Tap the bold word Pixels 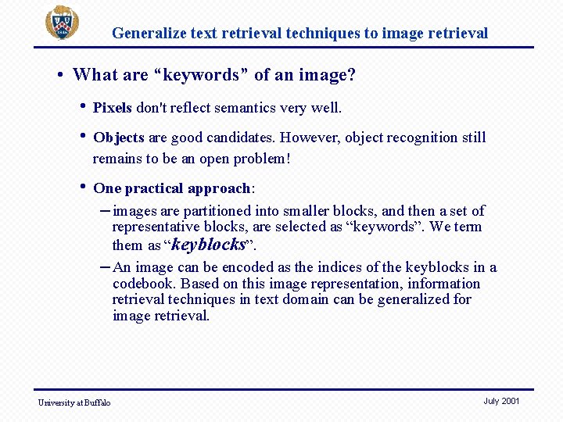[113, 108]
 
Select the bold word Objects [118, 138]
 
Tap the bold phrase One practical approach [172, 188]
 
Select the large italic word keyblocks [208, 245]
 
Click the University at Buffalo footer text [74, 402]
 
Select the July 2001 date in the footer [501, 401]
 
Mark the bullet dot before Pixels [82, 106]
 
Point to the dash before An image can [105, 266]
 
